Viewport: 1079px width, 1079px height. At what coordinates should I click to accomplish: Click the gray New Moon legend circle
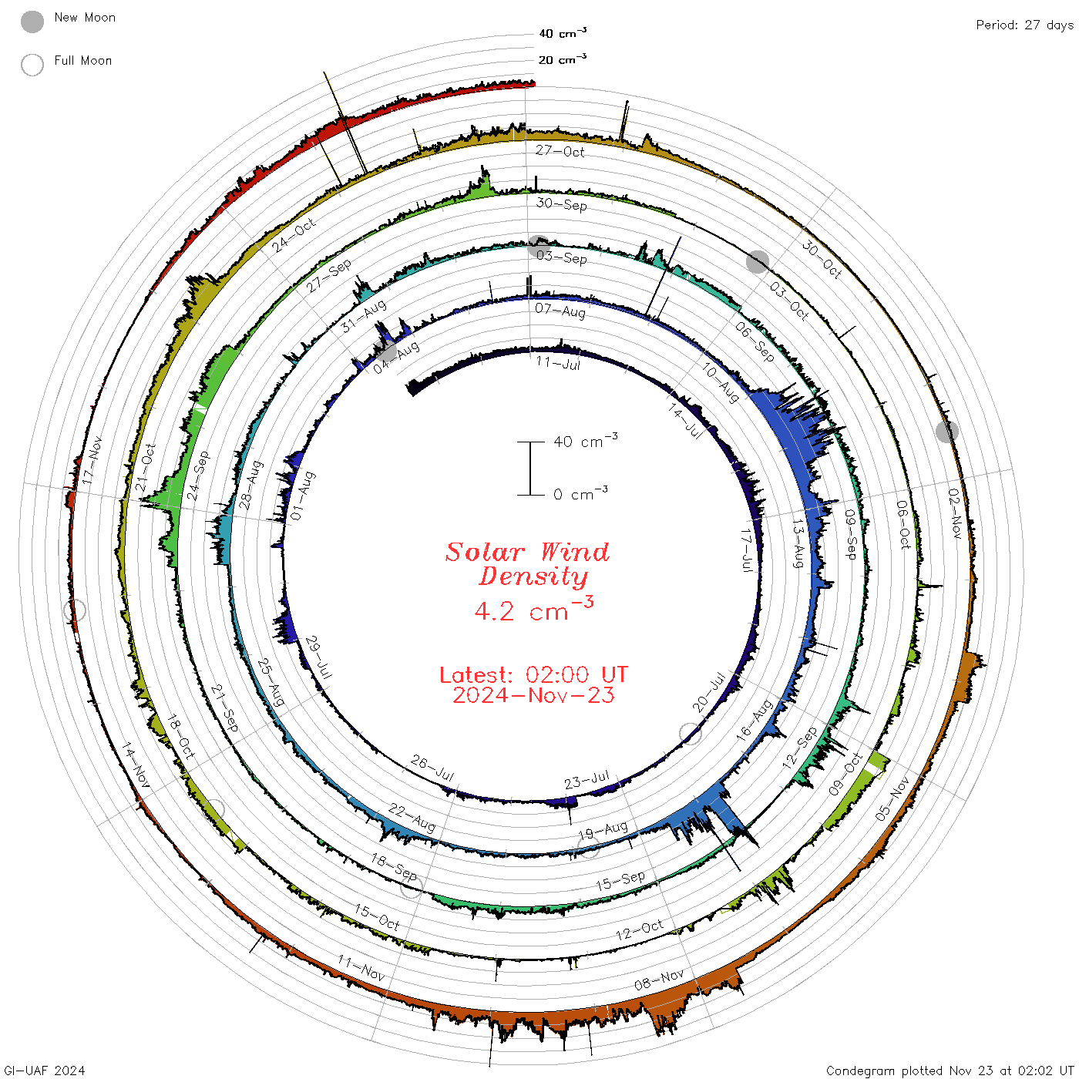tap(32, 22)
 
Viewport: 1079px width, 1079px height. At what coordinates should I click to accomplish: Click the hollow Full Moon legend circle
tap(32, 65)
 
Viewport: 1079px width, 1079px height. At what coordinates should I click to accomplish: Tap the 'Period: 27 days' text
tap(1024, 25)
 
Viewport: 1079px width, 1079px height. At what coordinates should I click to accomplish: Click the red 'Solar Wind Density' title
tap(527, 564)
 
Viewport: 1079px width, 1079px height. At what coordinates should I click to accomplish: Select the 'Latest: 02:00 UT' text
tap(533, 674)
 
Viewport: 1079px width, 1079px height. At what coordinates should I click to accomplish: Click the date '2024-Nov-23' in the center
tap(533, 695)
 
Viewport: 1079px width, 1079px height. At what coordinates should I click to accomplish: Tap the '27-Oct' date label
tap(560, 151)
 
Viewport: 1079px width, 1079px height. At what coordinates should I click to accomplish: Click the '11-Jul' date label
tap(558, 363)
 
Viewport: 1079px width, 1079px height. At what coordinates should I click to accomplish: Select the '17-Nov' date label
tap(92, 460)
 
